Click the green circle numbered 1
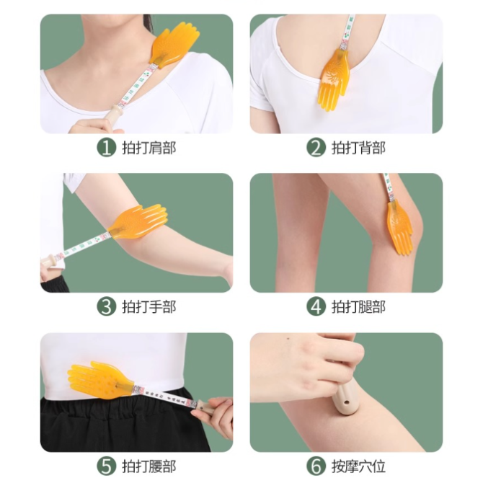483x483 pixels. coord(107,148)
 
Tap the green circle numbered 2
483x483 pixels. coord(316,148)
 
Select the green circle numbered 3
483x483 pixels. coord(107,307)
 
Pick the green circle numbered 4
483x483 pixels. coord(316,307)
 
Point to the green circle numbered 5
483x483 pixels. coord(107,466)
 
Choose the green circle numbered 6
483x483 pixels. coord(316,466)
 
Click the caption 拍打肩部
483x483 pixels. coord(149,148)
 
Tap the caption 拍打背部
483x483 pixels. coord(358,148)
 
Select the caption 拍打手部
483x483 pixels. coord(149,307)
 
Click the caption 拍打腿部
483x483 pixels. coord(358,307)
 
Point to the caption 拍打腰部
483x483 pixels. coord(149,466)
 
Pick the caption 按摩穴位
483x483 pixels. coord(358,466)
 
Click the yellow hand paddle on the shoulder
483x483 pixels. coord(173,45)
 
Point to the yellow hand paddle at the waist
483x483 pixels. coord(100,381)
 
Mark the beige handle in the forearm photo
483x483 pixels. coord(49,262)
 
